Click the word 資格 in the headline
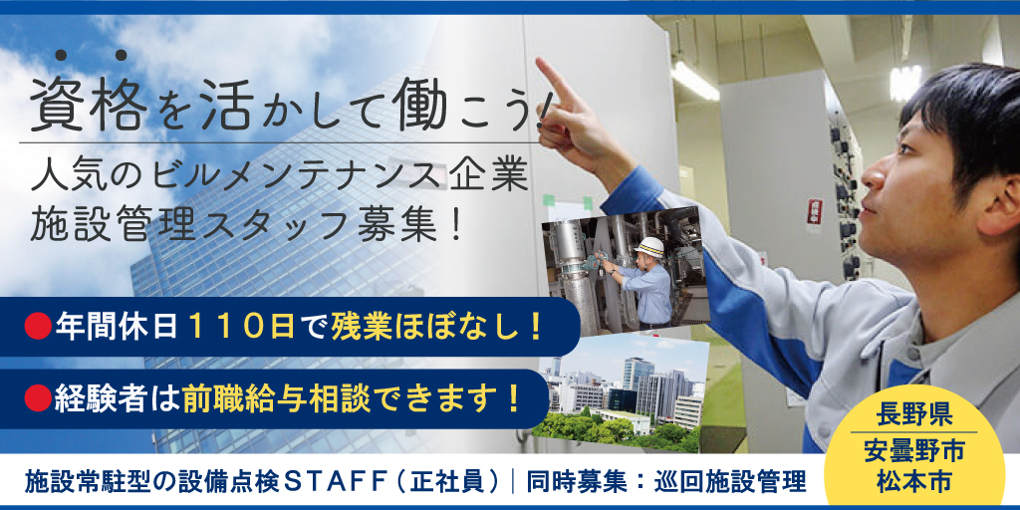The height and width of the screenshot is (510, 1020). click(89, 104)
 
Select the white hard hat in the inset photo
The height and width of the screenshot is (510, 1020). click(648, 247)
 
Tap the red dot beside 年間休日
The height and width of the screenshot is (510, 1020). click(38, 327)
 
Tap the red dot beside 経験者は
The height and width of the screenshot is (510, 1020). click(38, 398)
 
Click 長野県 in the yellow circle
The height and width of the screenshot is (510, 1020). click(913, 414)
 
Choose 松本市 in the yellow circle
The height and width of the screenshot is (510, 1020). click(913, 481)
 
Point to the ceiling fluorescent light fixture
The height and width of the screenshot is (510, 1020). click(694, 81)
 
